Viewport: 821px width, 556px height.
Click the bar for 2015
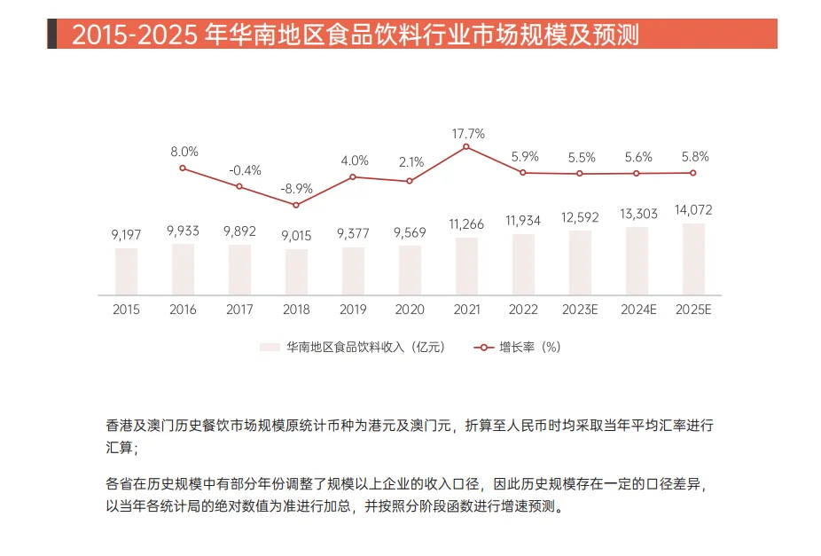click(x=126, y=271)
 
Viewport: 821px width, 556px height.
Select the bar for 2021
click(x=466, y=266)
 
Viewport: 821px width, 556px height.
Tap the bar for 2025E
click(x=693, y=259)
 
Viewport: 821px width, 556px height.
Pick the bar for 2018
click(x=296, y=272)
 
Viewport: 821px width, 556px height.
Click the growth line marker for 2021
click(x=466, y=146)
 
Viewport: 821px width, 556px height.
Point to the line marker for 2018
click(x=296, y=205)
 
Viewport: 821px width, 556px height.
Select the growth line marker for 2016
click(x=183, y=168)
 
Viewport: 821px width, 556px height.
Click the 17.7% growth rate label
click(x=468, y=134)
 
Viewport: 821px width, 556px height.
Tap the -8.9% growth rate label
click(x=296, y=189)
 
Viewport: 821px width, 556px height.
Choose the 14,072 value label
click(x=693, y=210)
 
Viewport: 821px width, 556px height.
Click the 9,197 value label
click(x=127, y=235)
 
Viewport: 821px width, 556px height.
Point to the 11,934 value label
click(x=523, y=221)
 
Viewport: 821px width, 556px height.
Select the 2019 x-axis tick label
click(x=353, y=310)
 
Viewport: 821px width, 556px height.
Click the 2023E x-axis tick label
click(x=580, y=310)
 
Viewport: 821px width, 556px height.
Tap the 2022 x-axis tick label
click(x=523, y=310)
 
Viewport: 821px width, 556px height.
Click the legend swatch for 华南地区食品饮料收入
click(x=270, y=348)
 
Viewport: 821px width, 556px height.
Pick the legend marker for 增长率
click(x=483, y=348)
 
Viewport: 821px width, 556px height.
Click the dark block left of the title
click(x=52, y=35)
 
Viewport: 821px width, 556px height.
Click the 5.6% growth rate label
click(x=637, y=157)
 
